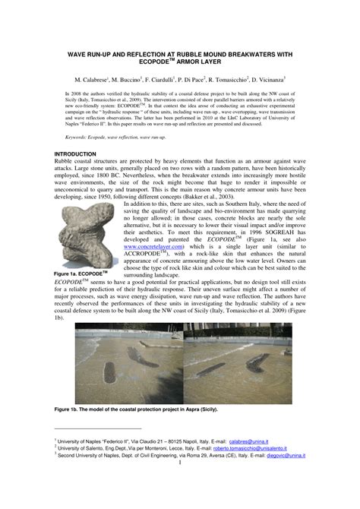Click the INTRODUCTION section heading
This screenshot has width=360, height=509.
click(x=79, y=153)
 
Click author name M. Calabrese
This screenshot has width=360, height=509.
click(x=91, y=79)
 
